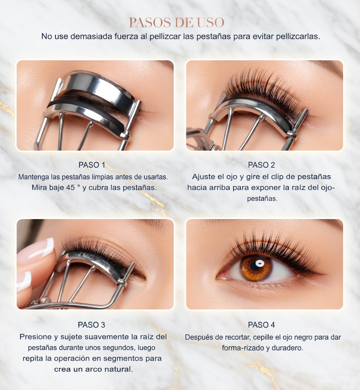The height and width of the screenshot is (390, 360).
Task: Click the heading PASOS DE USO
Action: point(177,23)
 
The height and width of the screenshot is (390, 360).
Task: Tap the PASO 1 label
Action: point(92,165)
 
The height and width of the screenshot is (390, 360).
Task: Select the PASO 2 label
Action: point(262,165)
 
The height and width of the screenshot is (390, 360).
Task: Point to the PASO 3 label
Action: point(91,325)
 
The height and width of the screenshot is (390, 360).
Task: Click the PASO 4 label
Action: point(262,325)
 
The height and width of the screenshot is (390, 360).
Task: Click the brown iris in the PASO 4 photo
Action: point(256,267)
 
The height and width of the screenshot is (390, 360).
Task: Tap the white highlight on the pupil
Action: point(259,263)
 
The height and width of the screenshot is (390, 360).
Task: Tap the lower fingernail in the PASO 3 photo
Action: point(24,281)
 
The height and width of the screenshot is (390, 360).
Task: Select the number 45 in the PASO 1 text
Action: point(70,187)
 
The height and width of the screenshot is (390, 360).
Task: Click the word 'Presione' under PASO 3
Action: point(36,337)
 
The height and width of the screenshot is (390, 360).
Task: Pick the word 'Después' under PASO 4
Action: point(199,337)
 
